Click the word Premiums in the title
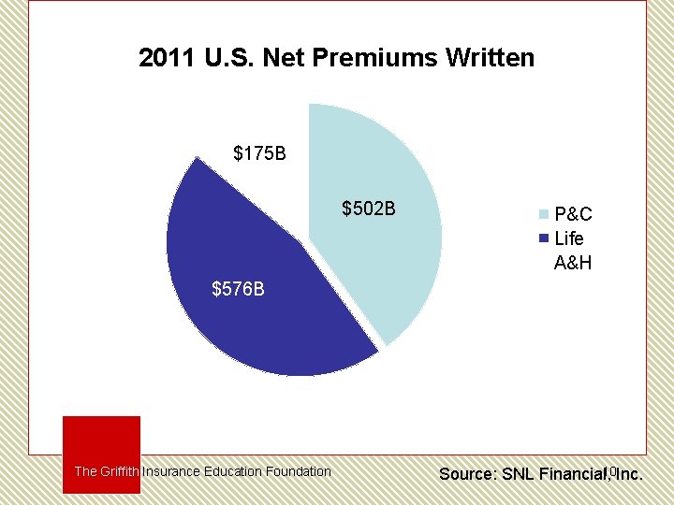pyautogui.click(x=361, y=59)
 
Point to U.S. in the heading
pyautogui.click(x=228, y=59)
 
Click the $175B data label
pyautogui.click(x=259, y=153)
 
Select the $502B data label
pyautogui.click(x=369, y=208)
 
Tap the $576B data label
pyautogui.click(x=239, y=289)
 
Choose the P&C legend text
pyautogui.click(x=573, y=214)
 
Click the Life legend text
pyautogui.click(x=569, y=238)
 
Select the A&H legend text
pyautogui.click(x=573, y=263)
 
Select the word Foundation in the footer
pyautogui.click(x=298, y=471)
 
